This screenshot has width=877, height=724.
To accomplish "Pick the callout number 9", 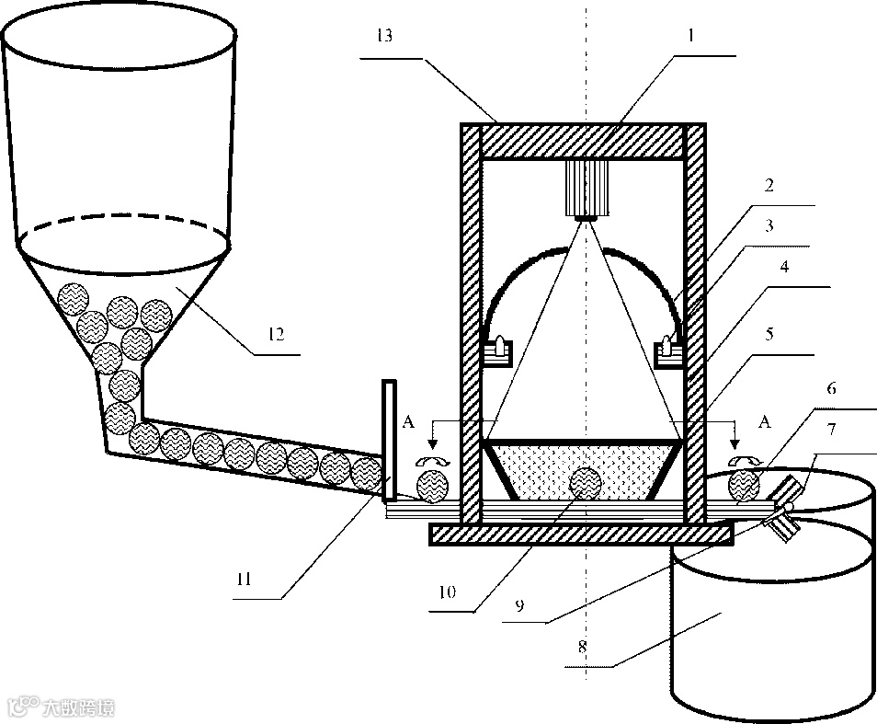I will (x=521, y=606).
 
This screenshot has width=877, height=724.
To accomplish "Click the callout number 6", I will (x=833, y=390).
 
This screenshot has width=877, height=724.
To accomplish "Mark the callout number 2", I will (x=769, y=185).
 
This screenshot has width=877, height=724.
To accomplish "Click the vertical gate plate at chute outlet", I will (x=391, y=440).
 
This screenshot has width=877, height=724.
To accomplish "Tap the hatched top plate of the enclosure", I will (x=582, y=141).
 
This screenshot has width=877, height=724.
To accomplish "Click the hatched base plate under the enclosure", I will (x=581, y=534).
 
